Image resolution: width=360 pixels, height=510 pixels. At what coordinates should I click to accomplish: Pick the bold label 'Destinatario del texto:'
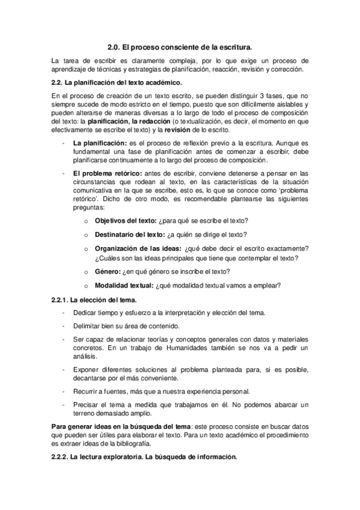point(130,235)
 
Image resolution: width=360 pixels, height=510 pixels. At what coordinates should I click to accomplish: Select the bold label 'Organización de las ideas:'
point(139,249)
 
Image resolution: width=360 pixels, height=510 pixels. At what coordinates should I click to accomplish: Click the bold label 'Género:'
point(108,271)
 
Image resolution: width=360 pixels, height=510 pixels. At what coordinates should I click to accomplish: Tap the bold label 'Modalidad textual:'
point(124,285)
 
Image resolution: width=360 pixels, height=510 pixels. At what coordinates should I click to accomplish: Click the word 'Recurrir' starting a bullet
point(86,392)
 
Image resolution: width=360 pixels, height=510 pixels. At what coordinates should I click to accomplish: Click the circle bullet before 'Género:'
point(87,272)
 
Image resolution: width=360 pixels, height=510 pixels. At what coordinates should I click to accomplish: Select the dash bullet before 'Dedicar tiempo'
point(64,313)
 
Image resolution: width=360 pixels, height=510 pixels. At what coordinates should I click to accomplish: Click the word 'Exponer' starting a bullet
point(87,370)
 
